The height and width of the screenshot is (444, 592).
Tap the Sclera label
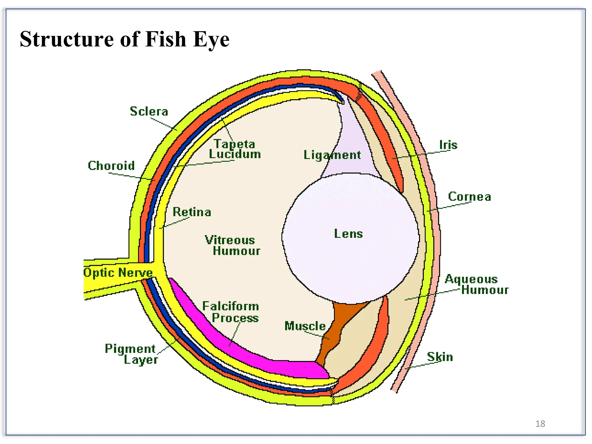(149, 111)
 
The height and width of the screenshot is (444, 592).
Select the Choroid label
(111, 166)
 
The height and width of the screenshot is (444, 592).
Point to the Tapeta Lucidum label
(235, 149)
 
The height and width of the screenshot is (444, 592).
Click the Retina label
(192, 212)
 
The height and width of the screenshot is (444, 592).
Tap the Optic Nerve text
(118, 273)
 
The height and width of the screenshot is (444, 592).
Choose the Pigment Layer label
(132, 354)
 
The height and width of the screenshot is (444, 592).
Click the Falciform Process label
(231, 312)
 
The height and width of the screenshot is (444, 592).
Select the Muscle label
(305, 326)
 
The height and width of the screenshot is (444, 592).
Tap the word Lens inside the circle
(348, 234)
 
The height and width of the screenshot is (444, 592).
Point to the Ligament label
(332, 155)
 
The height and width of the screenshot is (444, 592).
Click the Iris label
(448, 145)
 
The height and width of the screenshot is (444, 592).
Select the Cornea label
(469, 197)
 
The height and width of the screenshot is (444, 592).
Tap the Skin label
(440, 357)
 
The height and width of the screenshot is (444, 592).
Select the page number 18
(540, 423)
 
